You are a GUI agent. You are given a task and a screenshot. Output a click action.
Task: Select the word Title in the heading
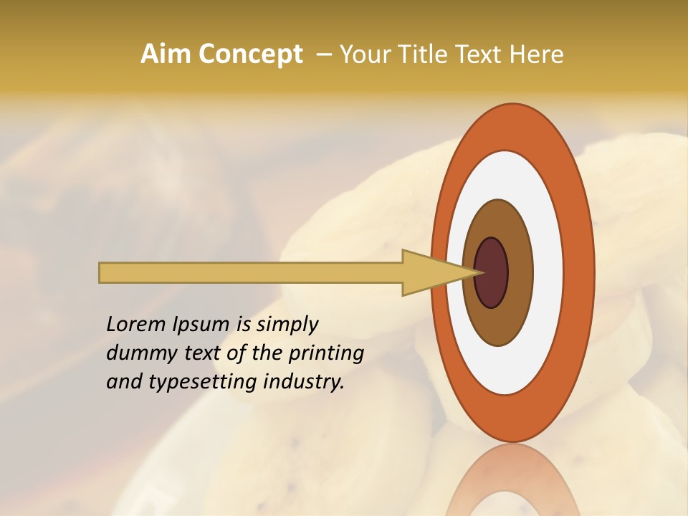click(423, 54)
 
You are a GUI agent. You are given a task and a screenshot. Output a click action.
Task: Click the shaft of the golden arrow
click(251, 272)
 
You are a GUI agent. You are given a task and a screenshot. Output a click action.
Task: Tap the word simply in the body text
click(287, 325)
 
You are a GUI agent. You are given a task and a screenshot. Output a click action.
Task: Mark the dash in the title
click(323, 54)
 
